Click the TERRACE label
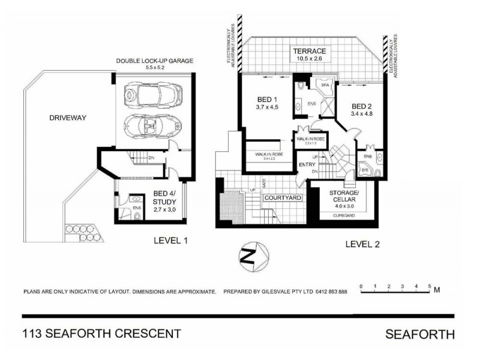point(310,50)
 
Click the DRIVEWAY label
point(67,118)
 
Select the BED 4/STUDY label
point(163,197)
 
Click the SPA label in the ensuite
point(326,86)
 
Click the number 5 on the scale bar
point(430,286)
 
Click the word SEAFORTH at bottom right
point(419,334)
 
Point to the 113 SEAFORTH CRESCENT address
point(101,334)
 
